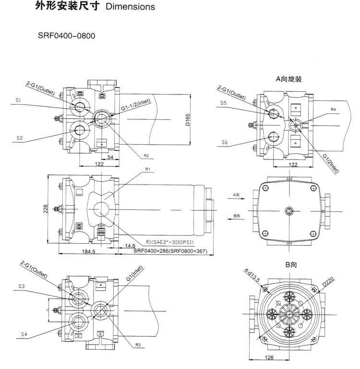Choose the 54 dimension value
point(110,157)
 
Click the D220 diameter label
point(329,281)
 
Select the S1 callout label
point(19,100)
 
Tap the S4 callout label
point(24,333)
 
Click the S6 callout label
point(224,142)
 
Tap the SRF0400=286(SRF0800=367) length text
point(173,250)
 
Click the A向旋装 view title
point(288,78)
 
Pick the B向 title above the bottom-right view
point(290,264)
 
